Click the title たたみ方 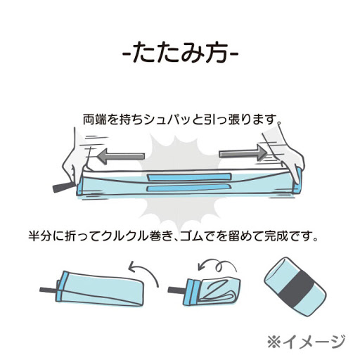[x=180, y=53]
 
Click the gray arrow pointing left [x=121, y=156]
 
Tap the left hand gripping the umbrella [x=73, y=162]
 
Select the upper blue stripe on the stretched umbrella [x=189, y=176]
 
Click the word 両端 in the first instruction [x=94, y=120]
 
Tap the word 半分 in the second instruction [x=39, y=236]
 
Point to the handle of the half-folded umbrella [x=48, y=290]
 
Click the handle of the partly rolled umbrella [x=176, y=290]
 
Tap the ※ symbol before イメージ [x=274, y=342]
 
